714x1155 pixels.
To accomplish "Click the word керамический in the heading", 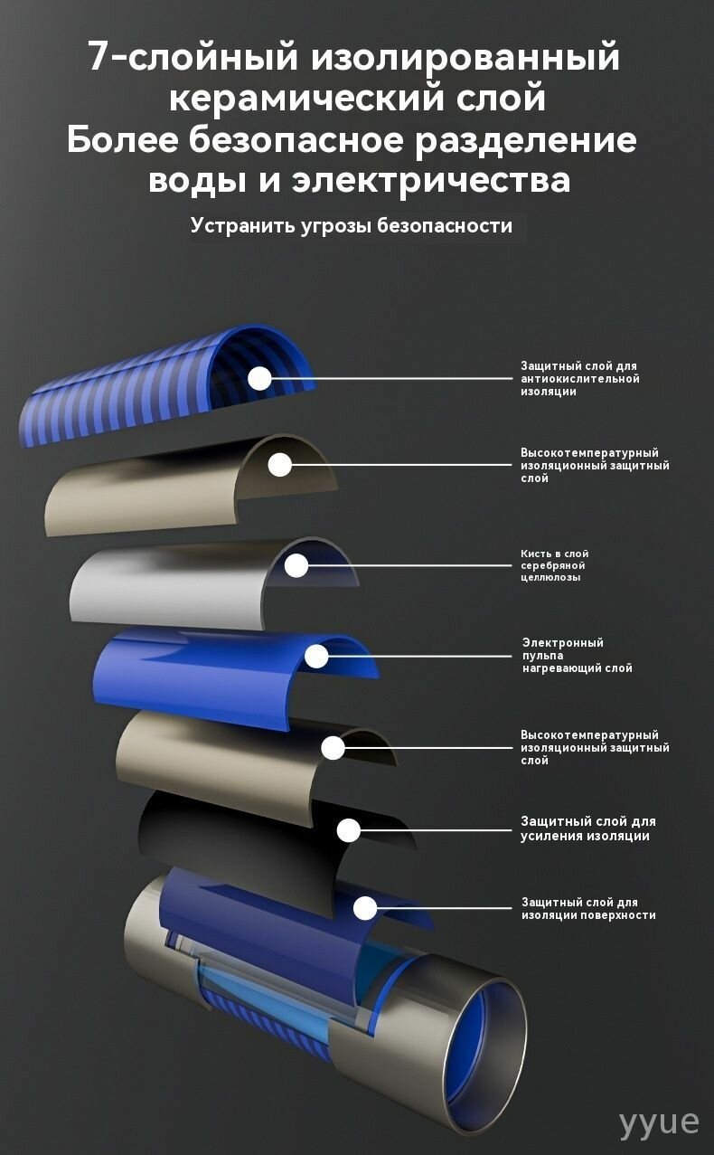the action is pos(306,99).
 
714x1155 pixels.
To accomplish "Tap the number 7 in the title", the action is pos(99,57).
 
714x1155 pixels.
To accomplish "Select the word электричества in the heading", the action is pos(431,181).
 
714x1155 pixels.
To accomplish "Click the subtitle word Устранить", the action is pos(240,226).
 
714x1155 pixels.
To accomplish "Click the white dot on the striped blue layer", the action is pos(259,378).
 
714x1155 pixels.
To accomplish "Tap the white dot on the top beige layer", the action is pos(280,465).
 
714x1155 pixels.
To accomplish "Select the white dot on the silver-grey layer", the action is pos(296,565).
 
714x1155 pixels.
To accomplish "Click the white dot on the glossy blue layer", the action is pos(317,656).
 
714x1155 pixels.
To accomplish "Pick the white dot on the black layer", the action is pos(349,830).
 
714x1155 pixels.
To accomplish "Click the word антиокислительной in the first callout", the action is pos(580,378).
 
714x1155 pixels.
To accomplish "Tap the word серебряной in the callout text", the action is pos(553,565).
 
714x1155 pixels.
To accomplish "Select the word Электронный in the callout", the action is pos(563,643).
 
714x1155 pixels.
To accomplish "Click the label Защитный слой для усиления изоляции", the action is pos(587,828).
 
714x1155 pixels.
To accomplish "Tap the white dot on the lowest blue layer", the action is pos(365,907).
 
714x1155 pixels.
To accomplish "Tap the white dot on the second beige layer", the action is pos(333,748).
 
